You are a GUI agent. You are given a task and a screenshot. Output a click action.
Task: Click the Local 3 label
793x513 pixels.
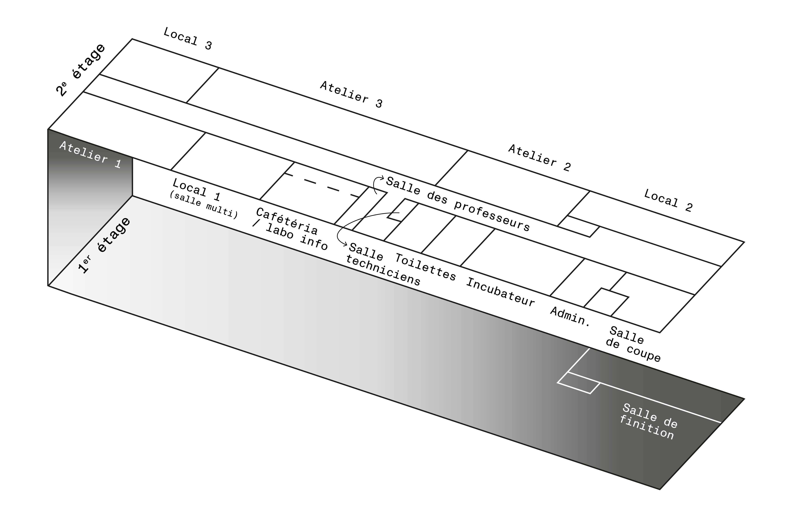pyautogui.click(x=188, y=39)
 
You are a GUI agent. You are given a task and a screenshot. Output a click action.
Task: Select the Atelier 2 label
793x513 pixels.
pyautogui.click(x=539, y=158)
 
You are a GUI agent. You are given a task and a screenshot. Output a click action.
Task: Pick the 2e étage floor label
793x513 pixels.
pyautogui.click(x=81, y=70)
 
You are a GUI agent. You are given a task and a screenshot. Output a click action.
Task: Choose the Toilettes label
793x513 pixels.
pyautogui.click(x=425, y=267)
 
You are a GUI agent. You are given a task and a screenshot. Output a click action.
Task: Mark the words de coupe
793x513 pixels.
pyautogui.click(x=633, y=351)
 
